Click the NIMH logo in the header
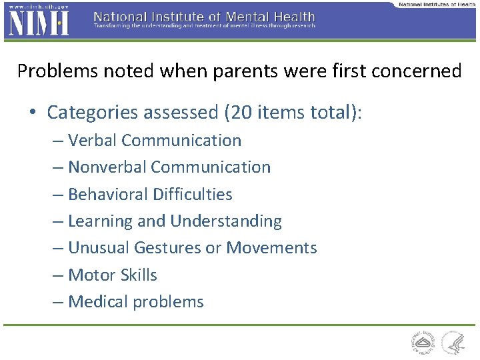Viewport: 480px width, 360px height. [37, 23]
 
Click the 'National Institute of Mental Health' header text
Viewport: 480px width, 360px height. [204, 16]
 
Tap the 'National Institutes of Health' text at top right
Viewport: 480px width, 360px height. [437, 4]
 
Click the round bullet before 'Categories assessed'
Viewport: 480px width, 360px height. [33, 113]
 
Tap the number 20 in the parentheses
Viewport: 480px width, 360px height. [239, 113]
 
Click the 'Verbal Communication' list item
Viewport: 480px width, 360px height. [155, 141]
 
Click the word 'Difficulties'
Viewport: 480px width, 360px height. [193, 195]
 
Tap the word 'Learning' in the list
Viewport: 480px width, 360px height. [101, 221]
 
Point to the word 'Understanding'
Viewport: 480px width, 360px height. [226, 221]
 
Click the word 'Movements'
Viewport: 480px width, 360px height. [271, 248]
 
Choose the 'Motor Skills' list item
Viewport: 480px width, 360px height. [113, 275]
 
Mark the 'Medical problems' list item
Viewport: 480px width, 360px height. [136, 302]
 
